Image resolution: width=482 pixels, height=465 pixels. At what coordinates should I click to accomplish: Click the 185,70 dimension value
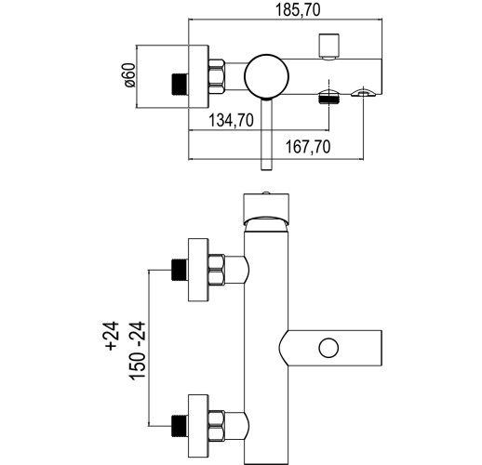pos(298,10)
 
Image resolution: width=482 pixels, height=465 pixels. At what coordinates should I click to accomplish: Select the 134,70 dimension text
pos(231,120)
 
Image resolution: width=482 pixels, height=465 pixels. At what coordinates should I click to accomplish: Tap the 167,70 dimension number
pos(308,147)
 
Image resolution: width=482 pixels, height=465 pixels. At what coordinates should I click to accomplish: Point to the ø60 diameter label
pos(130,75)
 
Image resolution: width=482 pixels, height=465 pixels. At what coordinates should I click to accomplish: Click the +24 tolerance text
pos(113,336)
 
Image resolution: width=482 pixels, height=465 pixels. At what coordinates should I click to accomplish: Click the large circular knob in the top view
pos(266,77)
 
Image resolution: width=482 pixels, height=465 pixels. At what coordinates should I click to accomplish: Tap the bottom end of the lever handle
pos(266,169)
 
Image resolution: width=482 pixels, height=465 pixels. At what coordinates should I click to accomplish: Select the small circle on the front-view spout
pos(328,348)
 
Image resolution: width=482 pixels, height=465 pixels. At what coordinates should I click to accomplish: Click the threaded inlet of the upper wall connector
pos(180,270)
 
